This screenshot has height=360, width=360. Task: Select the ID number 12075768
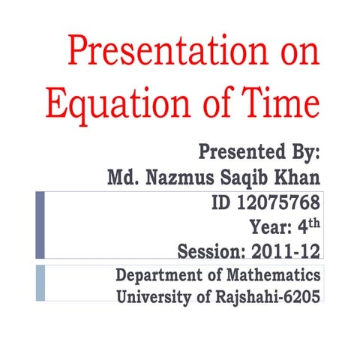pyautogui.click(x=278, y=202)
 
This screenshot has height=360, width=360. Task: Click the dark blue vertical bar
pyautogui.click(x=40, y=225)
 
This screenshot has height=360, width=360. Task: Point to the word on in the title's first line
pyautogui.click(x=295, y=53)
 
